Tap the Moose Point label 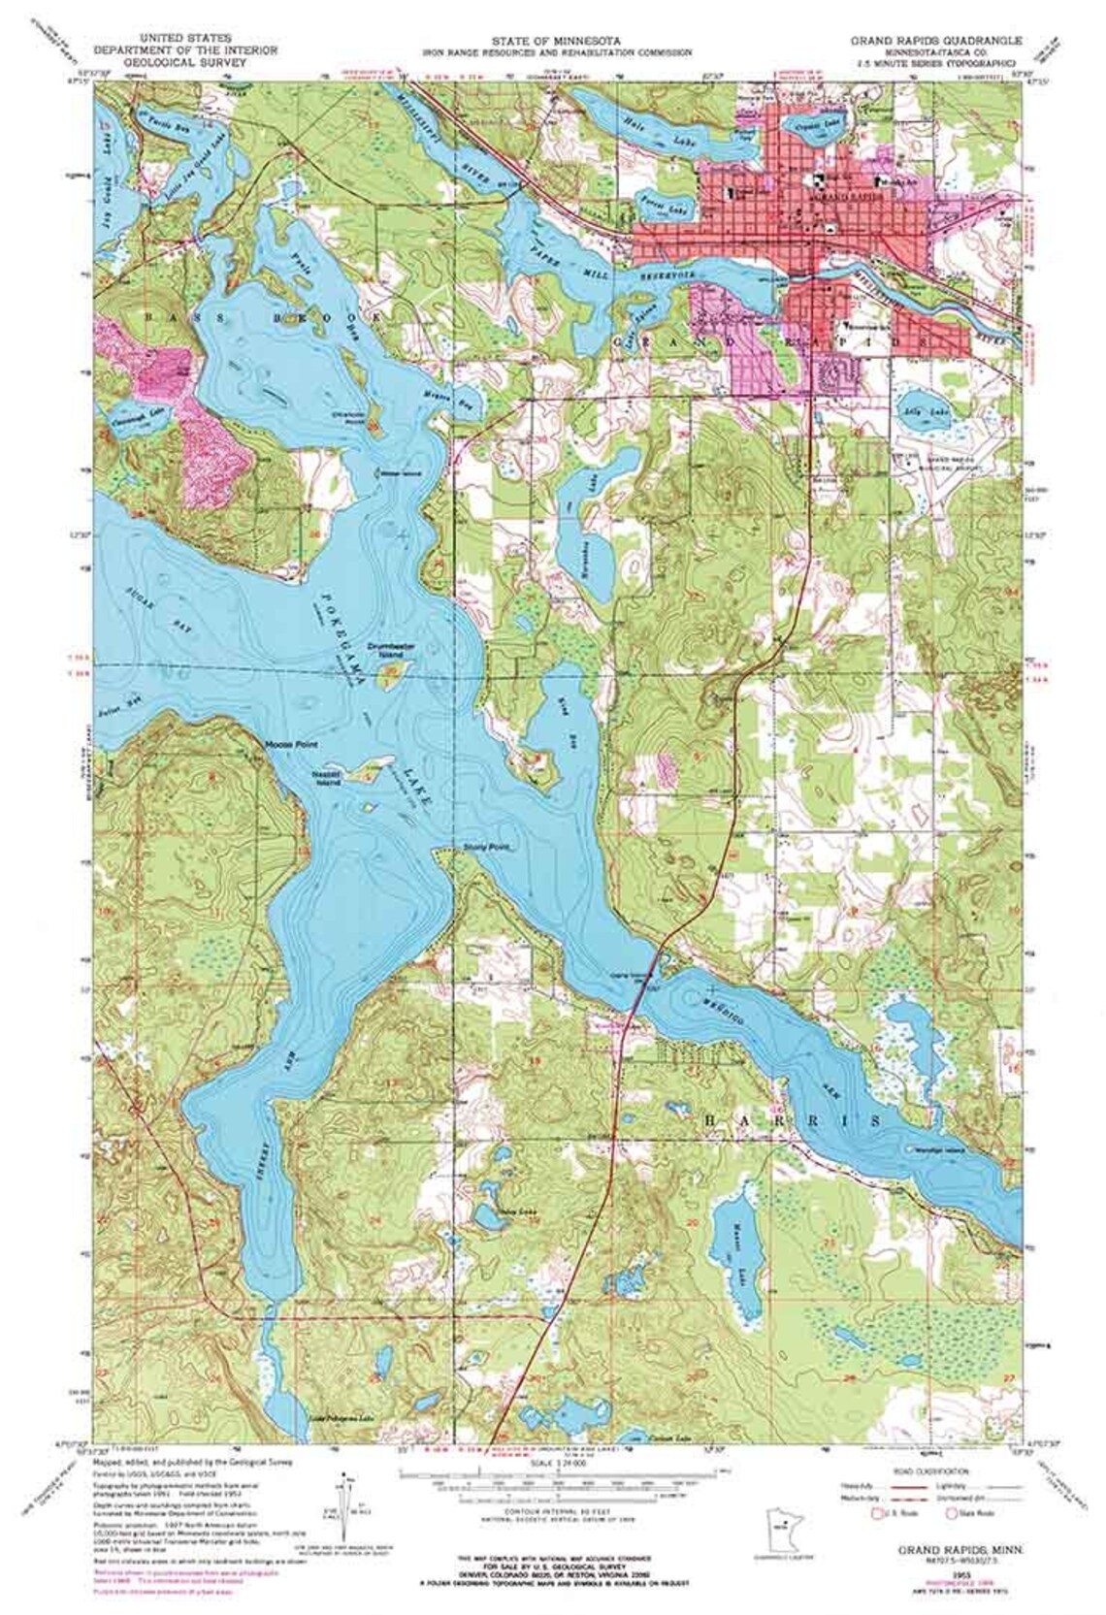[x=285, y=745]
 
